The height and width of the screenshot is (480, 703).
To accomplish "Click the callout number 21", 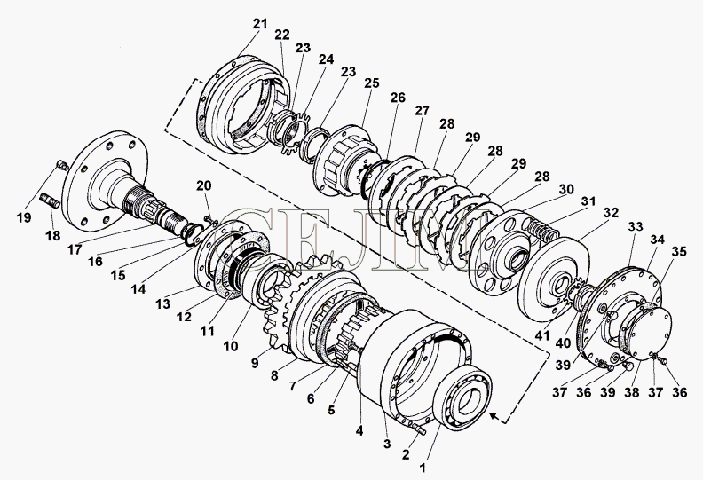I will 258,23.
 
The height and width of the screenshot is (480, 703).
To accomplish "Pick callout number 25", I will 371,83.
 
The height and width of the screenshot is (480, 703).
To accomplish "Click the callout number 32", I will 611,214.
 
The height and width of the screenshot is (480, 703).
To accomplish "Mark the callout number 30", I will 565,189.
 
